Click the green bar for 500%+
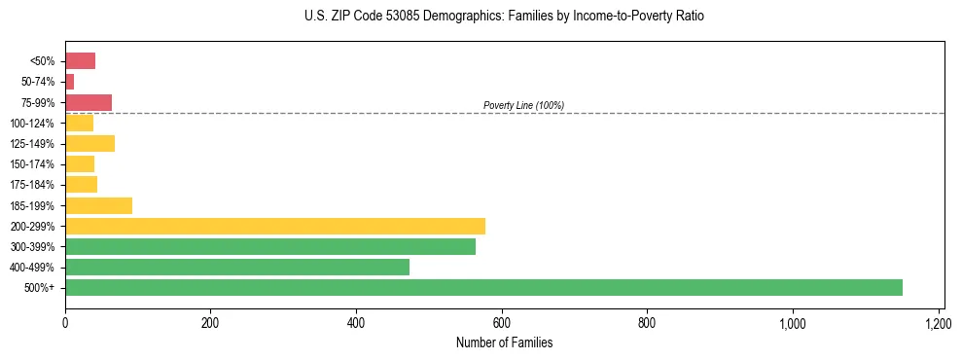(483, 287)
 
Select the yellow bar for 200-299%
(275, 226)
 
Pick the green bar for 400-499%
(237, 267)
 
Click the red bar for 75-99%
(89, 102)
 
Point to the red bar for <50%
(80, 61)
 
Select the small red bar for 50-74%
(69, 82)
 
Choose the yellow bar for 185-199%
(98, 205)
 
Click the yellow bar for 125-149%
(89, 143)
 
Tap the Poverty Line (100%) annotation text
(523, 105)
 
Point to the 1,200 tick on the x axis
(938, 322)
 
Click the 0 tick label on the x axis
(65, 322)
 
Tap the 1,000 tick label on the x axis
(792, 322)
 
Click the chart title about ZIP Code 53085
(503, 17)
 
